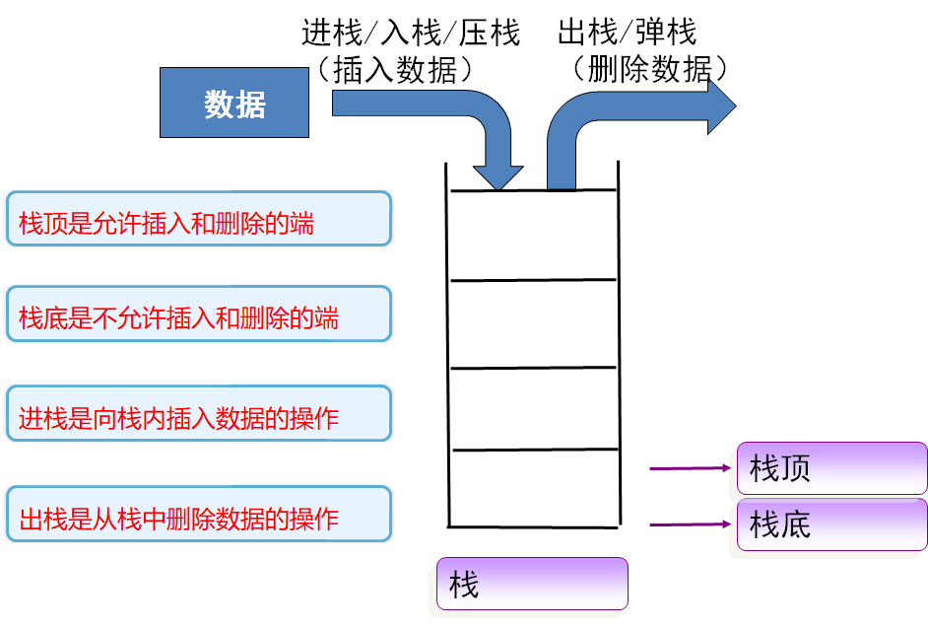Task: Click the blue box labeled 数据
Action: coord(234,103)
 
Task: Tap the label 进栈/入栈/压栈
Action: coord(411,32)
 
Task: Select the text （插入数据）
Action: coord(395,70)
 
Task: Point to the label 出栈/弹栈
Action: coord(628,32)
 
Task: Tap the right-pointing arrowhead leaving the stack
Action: coord(722,106)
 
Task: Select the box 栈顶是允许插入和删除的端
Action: coord(199,219)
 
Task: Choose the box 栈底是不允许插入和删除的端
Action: coord(199,314)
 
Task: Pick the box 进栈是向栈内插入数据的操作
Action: coord(199,413)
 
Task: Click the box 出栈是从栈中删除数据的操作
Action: coord(199,515)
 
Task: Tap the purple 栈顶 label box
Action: coord(832,468)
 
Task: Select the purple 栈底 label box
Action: coord(832,524)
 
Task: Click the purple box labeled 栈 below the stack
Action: coord(532,584)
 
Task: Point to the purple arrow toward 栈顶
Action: coord(691,468)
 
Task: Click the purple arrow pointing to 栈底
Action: coord(691,524)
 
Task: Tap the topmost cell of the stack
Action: coord(533,236)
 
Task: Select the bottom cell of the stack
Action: coord(534,488)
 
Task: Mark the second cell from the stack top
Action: coord(533,324)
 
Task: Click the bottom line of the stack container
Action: coord(534,526)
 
